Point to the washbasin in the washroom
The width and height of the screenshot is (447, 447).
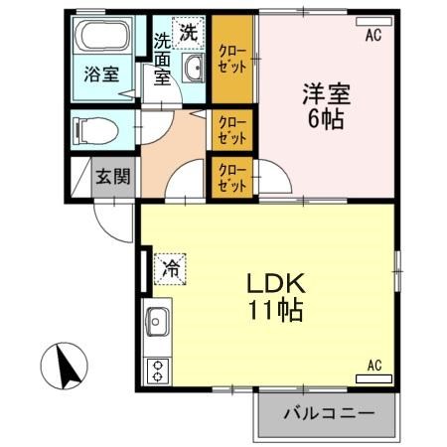(x=194, y=68)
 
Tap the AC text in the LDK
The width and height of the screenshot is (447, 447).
(x=374, y=365)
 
